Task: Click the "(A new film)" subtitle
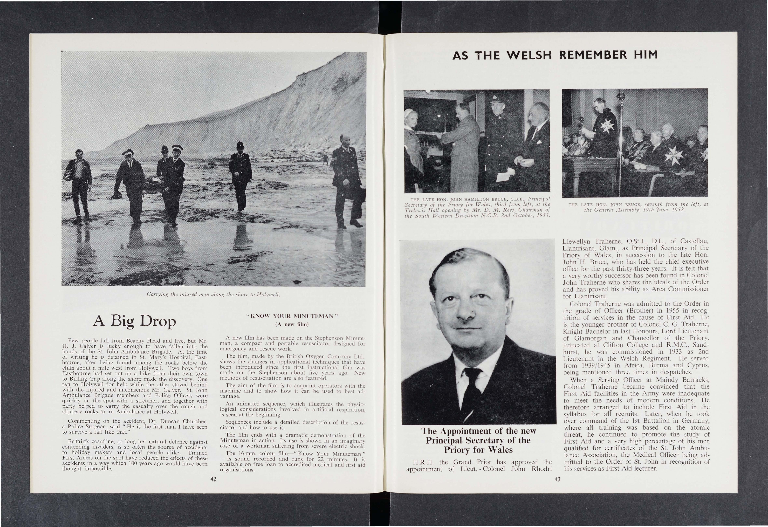[x=291, y=324]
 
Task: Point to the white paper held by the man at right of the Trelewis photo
[x=504, y=175]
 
